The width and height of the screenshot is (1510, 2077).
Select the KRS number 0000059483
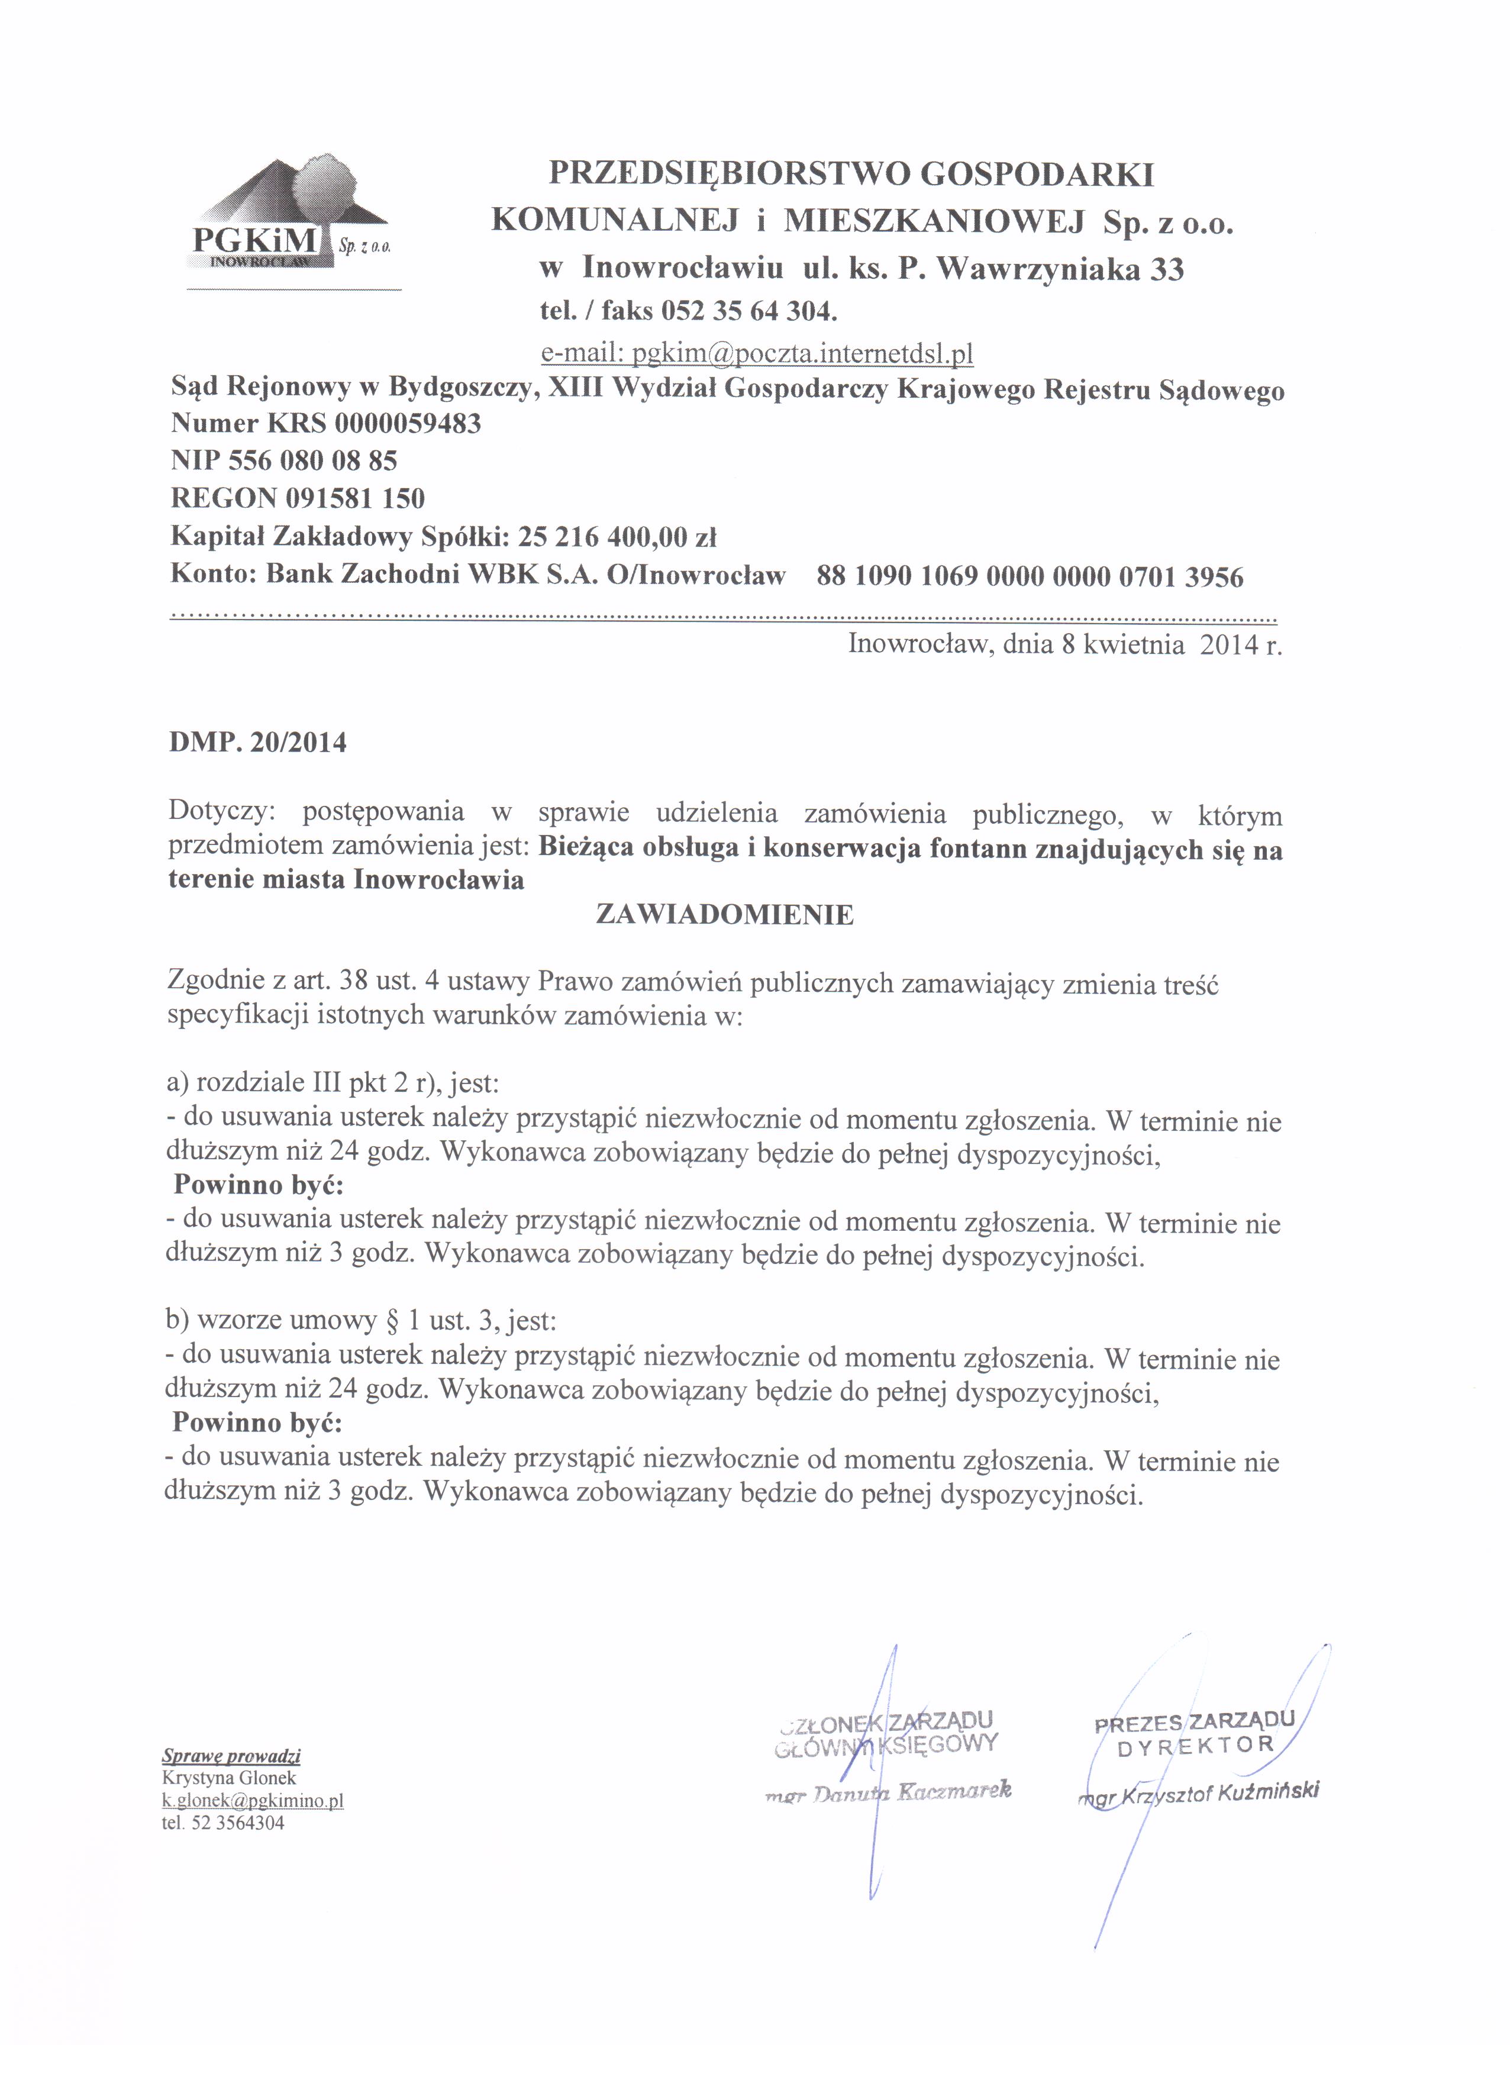408,423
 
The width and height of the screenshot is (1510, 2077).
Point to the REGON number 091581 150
354,498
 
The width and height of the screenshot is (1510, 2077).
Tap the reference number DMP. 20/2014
257,741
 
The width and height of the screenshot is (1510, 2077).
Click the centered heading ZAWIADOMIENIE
724,915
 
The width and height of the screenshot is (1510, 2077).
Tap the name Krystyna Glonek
229,1778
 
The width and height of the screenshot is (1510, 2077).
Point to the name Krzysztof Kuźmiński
1217,1792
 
